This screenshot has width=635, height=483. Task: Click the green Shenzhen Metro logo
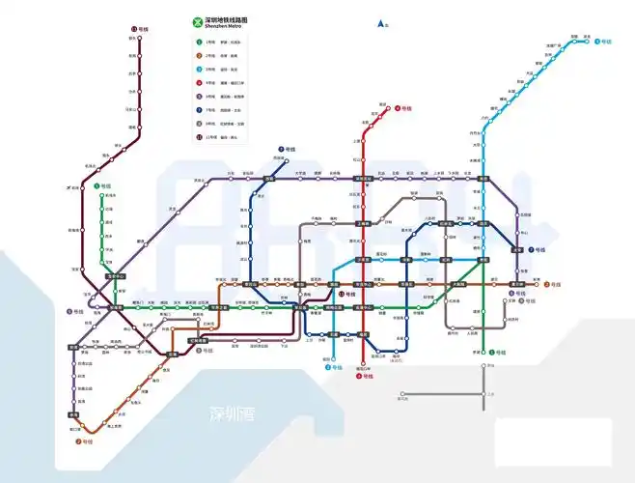[x=199, y=23]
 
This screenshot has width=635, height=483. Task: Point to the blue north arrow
[x=381, y=22]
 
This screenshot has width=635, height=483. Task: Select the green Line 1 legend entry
[x=199, y=43]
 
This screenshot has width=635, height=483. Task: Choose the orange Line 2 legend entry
[x=199, y=56]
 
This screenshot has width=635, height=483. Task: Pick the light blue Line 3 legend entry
[x=199, y=70]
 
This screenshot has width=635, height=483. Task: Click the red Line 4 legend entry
[x=199, y=83]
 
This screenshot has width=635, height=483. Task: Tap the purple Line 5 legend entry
[x=199, y=97]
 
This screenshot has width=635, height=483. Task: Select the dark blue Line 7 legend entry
[x=199, y=110]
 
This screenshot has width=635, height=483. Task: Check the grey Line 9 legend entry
[x=199, y=124]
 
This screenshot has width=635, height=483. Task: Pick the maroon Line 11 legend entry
[x=199, y=137]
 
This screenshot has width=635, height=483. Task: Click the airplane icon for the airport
[x=73, y=187]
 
